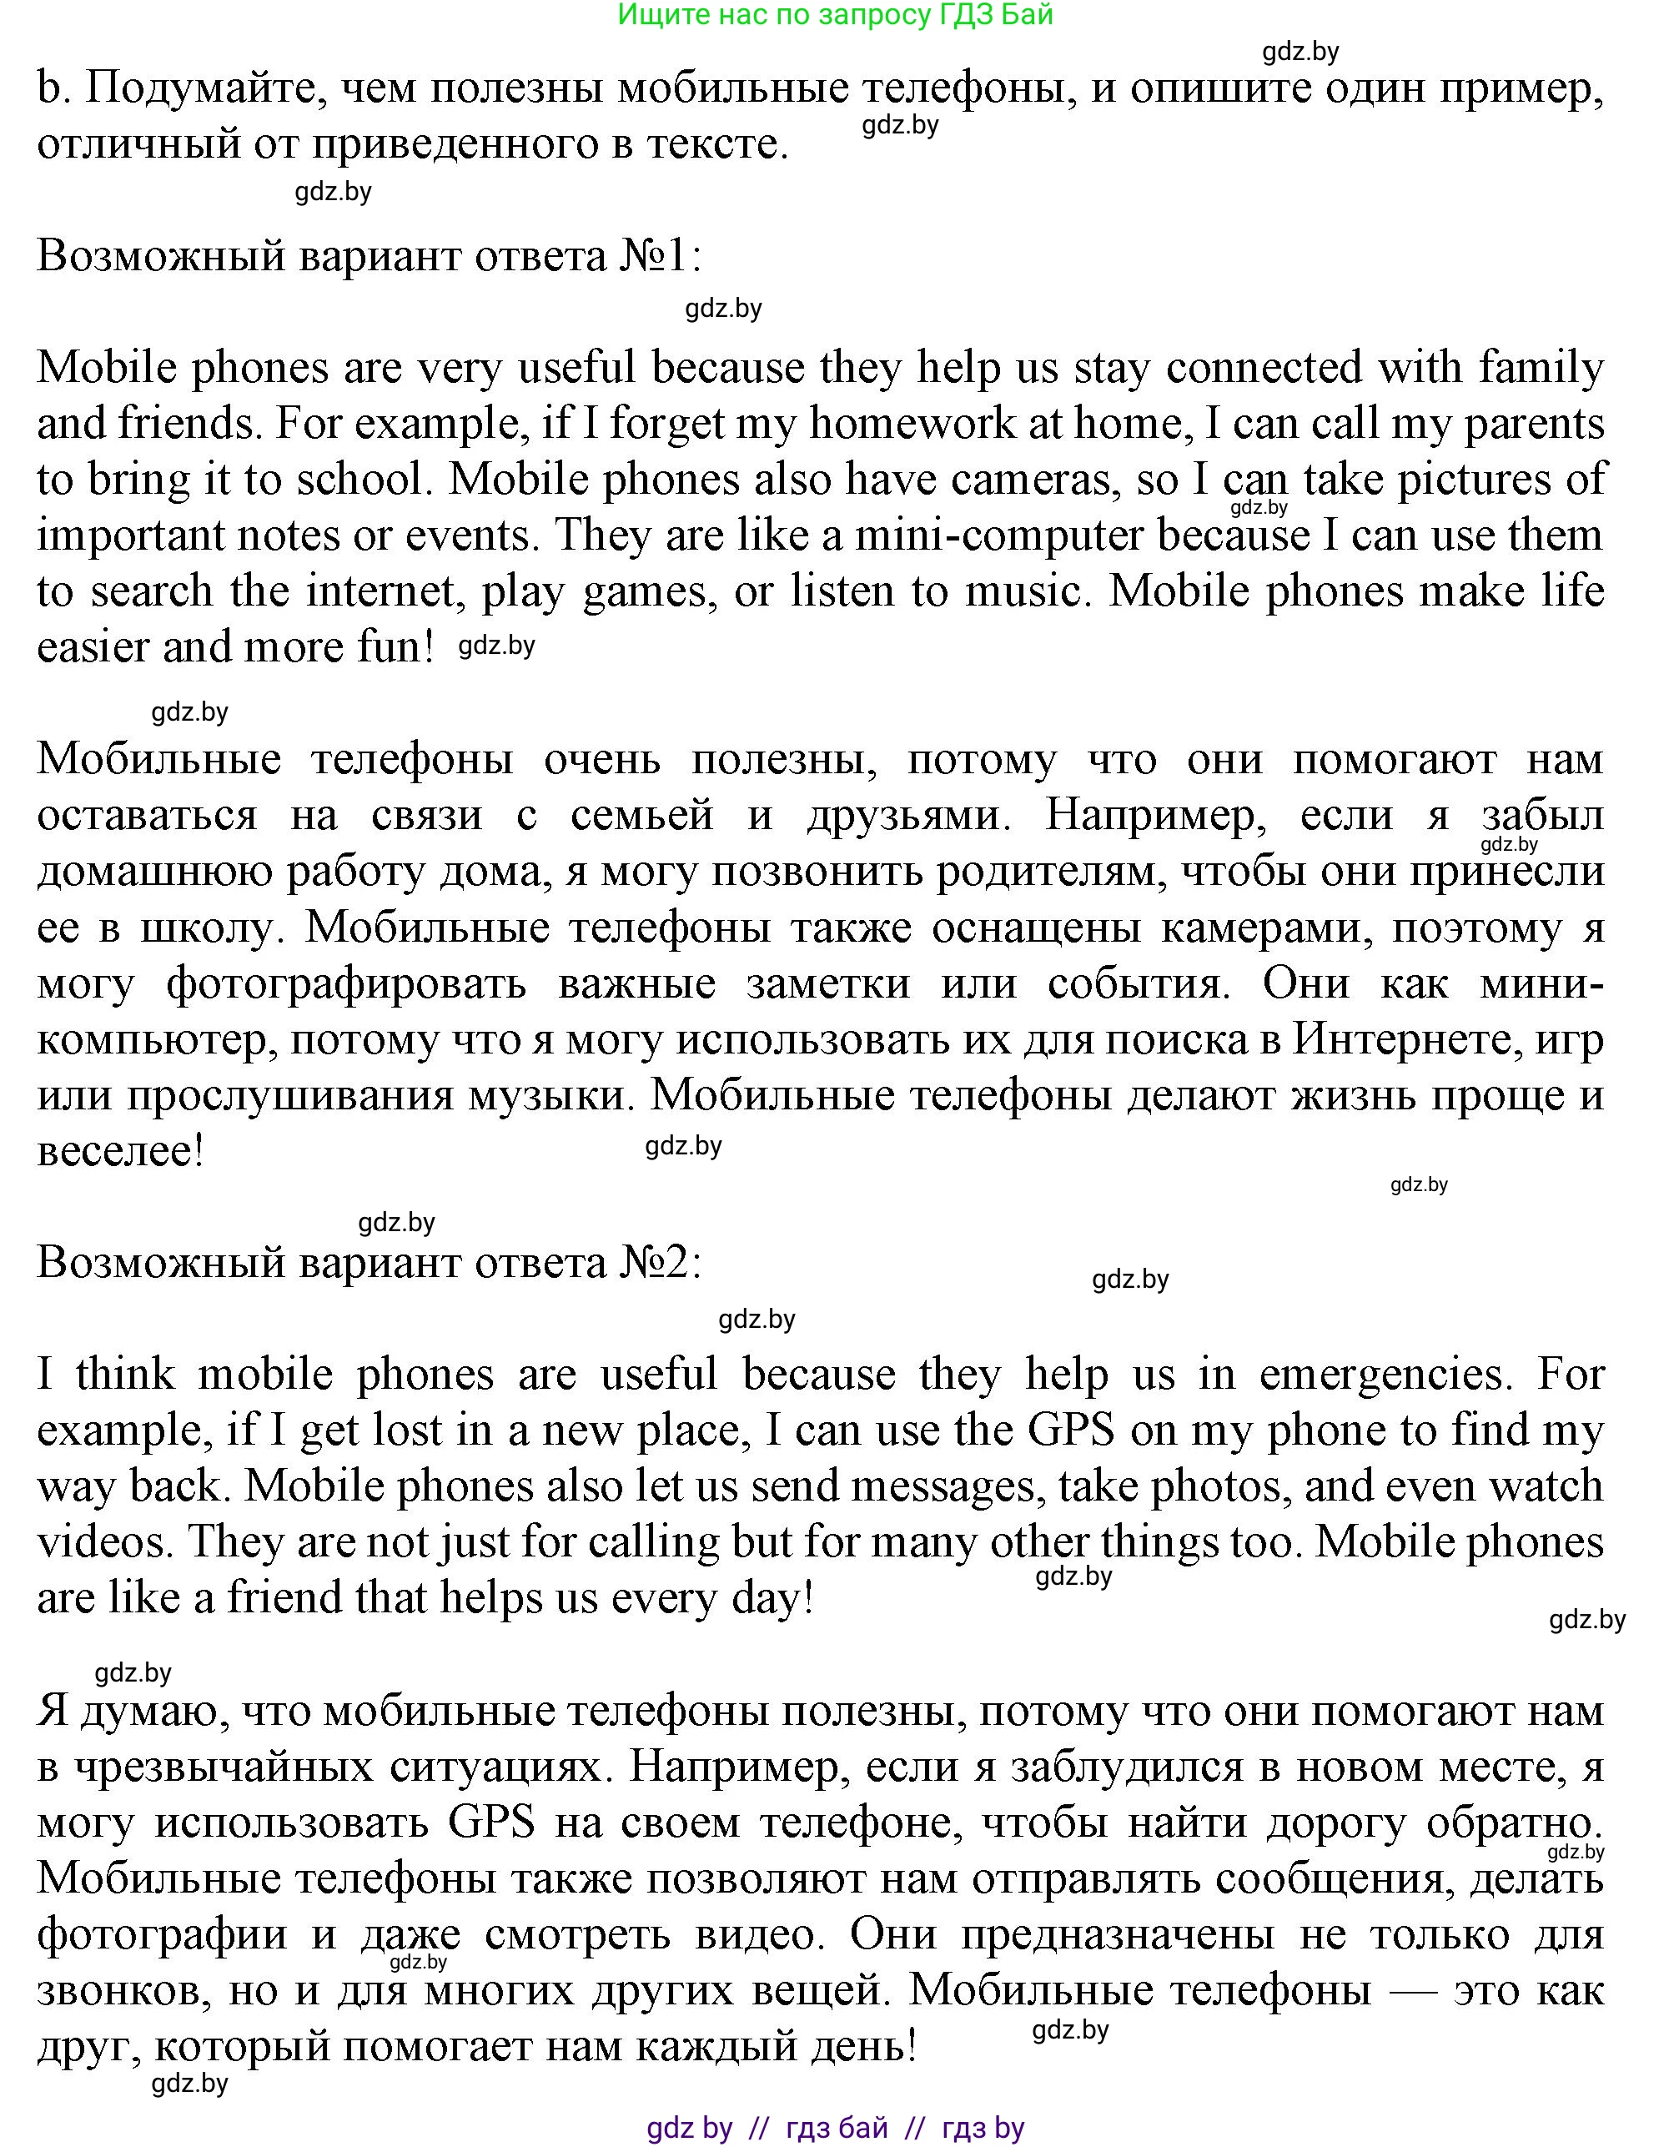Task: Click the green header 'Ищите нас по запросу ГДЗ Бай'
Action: (836, 15)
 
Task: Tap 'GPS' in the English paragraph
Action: (1070, 1430)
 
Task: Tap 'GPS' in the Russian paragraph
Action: (491, 1823)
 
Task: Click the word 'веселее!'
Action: (120, 1152)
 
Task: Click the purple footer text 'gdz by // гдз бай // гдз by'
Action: (836, 2129)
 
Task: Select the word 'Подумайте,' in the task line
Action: (206, 88)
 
